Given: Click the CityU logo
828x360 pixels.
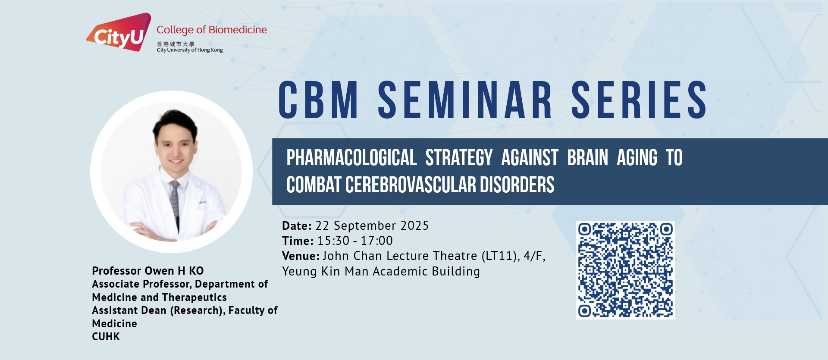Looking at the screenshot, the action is point(119,32).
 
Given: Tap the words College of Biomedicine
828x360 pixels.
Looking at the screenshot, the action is point(212,30).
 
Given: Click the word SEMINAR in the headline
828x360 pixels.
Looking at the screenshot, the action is point(465,100).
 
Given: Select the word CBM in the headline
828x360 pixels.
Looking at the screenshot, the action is point(318,100).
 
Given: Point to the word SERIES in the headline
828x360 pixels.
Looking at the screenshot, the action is point(639,100).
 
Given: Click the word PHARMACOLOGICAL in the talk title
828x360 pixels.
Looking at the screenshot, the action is point(351,158).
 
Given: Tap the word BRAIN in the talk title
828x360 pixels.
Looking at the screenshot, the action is point(587,158).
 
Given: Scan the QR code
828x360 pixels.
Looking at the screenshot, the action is point(625,270).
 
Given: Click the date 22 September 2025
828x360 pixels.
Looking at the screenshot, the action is point(372,225).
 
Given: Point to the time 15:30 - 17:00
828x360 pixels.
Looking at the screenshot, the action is point(355,241).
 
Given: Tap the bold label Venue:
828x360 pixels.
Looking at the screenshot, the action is point(301,256).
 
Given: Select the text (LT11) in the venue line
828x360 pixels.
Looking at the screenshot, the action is point(501,256).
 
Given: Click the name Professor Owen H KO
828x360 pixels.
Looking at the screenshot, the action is point(148,271).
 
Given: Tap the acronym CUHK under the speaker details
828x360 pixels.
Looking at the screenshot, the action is point(106,337).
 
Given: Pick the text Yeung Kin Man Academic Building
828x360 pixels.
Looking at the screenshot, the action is point(381,271).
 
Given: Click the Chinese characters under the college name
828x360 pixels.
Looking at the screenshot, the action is point(176,44).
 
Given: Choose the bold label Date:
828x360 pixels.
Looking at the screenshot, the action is point(297,225).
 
